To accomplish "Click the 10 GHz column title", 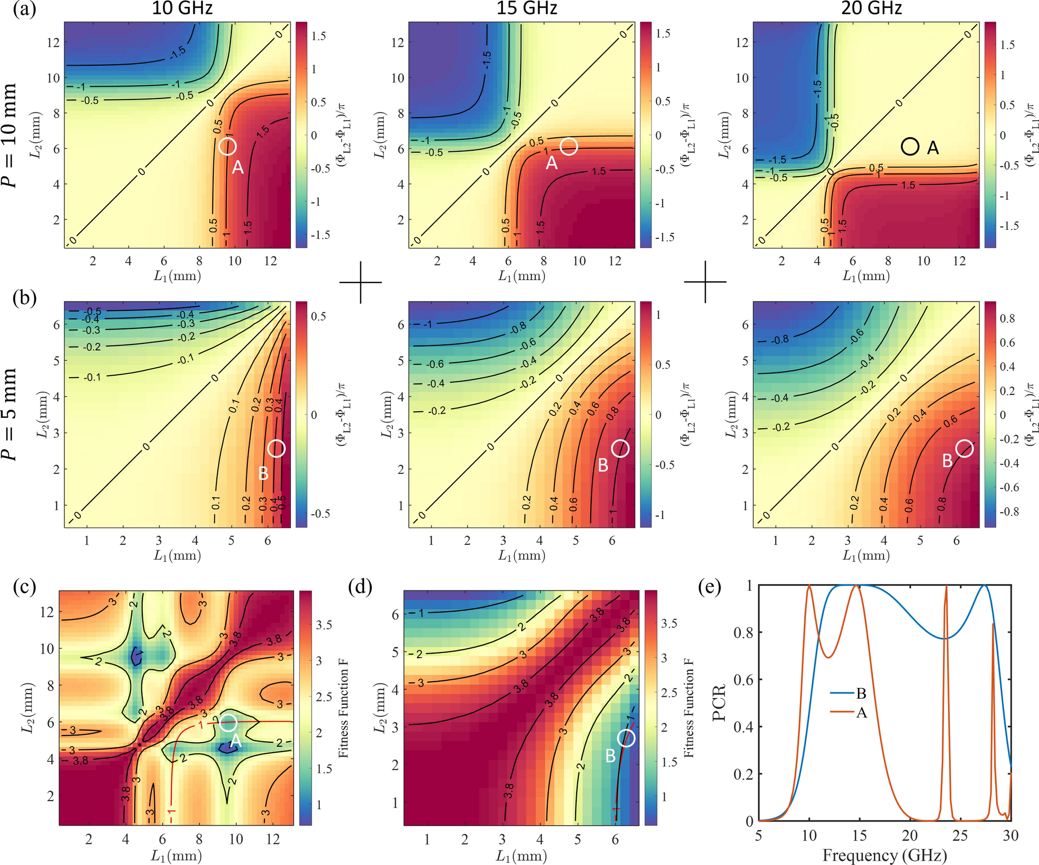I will pos(182,8).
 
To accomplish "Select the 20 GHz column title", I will pos(871,8).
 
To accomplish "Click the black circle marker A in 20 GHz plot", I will pos(910,147).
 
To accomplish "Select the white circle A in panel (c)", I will pos(228,723).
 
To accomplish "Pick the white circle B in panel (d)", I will pos(626,738).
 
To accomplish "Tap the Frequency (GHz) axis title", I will pos(885,855).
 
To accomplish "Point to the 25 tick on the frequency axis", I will pos(960,835).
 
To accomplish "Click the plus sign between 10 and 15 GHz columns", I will pos(360,282).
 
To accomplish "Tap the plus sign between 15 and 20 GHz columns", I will pos(705,282).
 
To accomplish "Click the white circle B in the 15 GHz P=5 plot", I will pos(620,449).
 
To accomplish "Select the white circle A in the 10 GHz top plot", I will pos(228,147).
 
